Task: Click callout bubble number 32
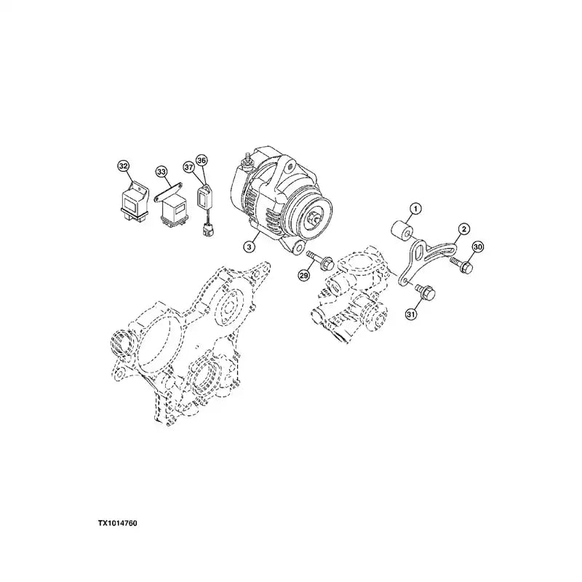coord(123,166)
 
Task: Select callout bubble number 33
coord(161,172)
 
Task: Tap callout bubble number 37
coord(189,167)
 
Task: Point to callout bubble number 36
coord(202,160)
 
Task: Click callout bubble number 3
coord(250,246)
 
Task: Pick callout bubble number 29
coord(303,275)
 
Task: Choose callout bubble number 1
coord(415,209)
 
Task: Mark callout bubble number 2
coord(463,229)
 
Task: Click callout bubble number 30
coord(478,247)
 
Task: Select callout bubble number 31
coord(411,314)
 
